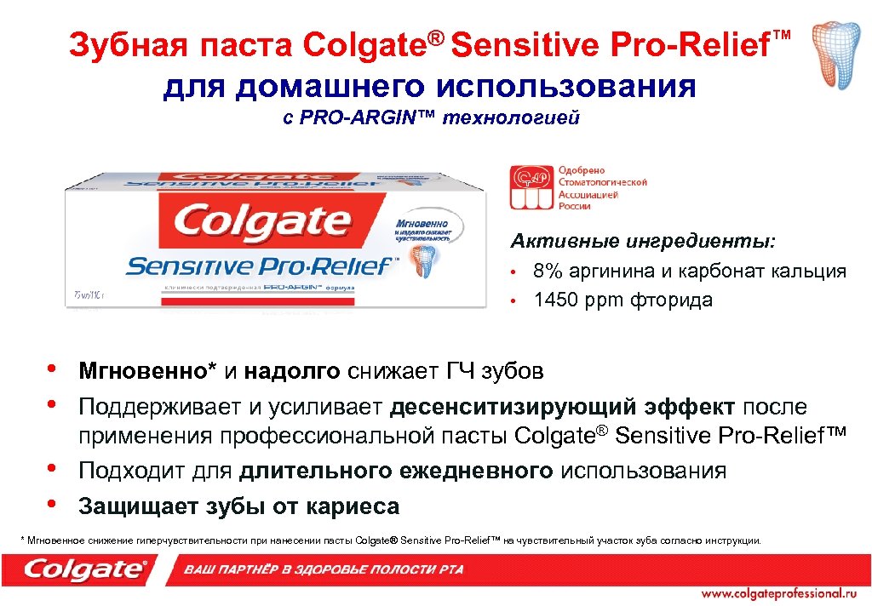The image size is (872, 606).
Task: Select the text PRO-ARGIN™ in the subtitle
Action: (366, 117)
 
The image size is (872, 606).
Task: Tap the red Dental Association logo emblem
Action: (531, 187)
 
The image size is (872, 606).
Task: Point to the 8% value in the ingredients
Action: (547, 272)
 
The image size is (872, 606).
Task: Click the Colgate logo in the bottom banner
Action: (85, 569)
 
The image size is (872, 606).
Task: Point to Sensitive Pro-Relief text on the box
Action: (260, 266)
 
